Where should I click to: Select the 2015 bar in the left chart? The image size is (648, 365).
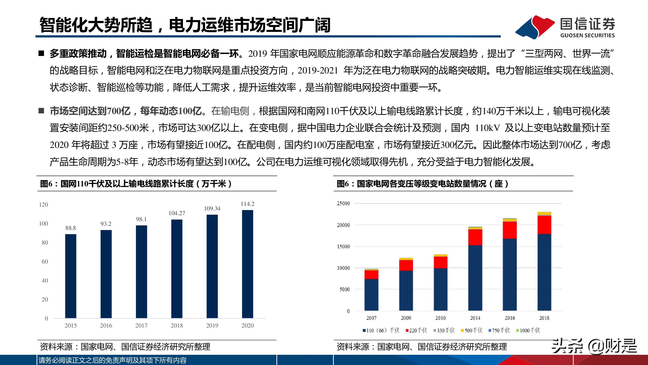(71, 276)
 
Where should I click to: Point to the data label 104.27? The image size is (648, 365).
(177, 213)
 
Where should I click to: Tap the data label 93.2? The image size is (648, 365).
(106, 224)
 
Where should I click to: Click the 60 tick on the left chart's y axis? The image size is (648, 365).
(45, 262)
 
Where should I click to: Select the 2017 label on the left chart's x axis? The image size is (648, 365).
(141, 325)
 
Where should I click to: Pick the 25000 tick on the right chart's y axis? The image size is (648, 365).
(343, 203)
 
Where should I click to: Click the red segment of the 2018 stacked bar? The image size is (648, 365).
(544, 225)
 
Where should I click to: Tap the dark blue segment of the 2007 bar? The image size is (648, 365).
(371, 295)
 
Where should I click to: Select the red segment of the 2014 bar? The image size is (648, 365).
(475, 237)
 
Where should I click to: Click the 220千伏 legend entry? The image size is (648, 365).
(416, 330)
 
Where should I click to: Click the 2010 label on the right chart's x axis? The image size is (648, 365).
(441, 318)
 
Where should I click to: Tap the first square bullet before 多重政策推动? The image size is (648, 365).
(41, 53)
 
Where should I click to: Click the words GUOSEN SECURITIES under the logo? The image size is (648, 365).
(587, 35)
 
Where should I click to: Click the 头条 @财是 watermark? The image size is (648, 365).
(594, 346)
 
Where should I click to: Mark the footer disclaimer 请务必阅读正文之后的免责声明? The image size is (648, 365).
(112, 360)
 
